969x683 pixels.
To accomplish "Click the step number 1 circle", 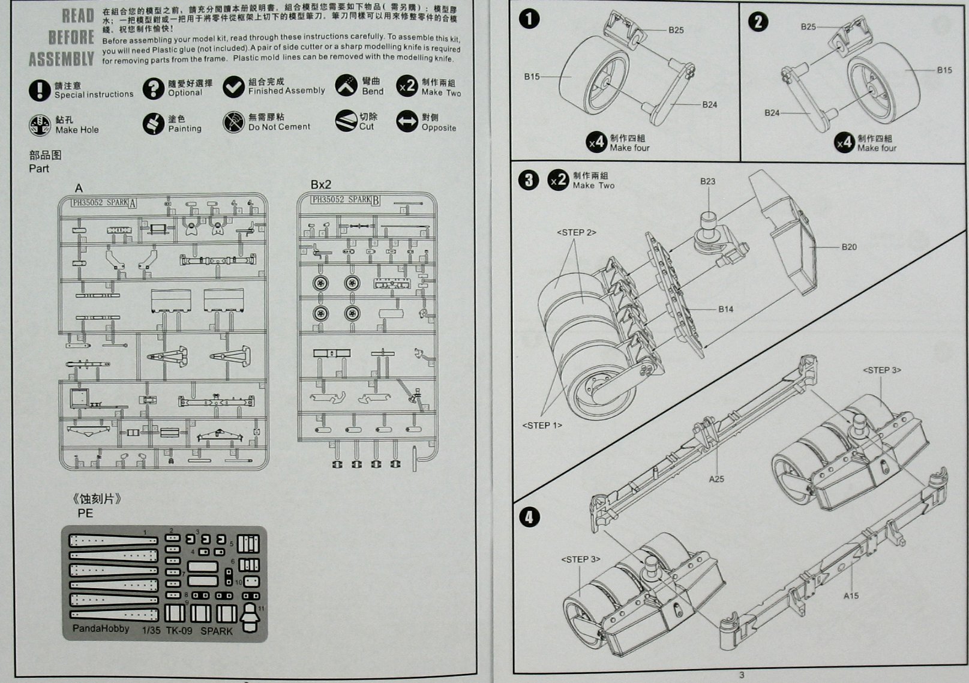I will tap(529, 19).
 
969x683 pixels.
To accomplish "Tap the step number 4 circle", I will tap(529, 517).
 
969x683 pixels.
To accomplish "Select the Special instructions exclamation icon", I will tap(40, 90).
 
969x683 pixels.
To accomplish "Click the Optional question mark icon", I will tap(154, 89).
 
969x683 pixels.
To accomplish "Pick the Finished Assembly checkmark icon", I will tap(233, 86).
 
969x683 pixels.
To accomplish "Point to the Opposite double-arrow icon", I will tap(407, 122).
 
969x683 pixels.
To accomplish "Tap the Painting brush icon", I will tap(154, 124).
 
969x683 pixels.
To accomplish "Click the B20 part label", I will tap(848, 247).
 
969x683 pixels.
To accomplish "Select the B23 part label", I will tap(707, 181).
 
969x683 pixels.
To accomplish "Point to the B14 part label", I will tap(725, 309).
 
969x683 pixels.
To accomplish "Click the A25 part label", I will tap(716, 479).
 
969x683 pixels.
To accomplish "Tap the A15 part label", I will tap(851, 595).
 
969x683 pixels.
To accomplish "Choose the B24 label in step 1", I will tap(710, 104).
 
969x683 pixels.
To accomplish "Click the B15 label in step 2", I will tap(944, 70).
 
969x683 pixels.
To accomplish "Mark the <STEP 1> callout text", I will tap(542, 426).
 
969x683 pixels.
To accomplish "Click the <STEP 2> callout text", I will tap(576, 232).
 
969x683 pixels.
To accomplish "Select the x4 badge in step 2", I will tap(845, 143).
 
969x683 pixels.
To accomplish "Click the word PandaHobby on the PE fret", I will tap(101, 628).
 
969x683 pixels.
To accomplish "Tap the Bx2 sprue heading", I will tap(320, 184).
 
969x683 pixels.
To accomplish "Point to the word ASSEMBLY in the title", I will tap(61, 59).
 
